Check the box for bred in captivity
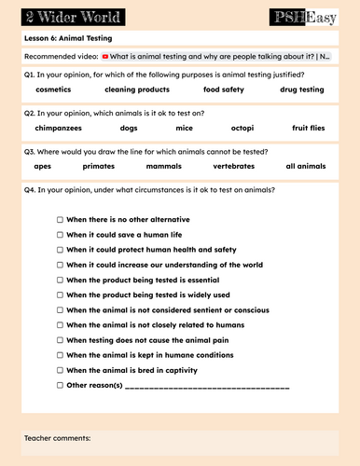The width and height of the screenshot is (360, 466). coord(60,370)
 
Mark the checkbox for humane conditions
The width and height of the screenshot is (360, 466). coord(60,355)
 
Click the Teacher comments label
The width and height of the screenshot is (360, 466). coord(57,437)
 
